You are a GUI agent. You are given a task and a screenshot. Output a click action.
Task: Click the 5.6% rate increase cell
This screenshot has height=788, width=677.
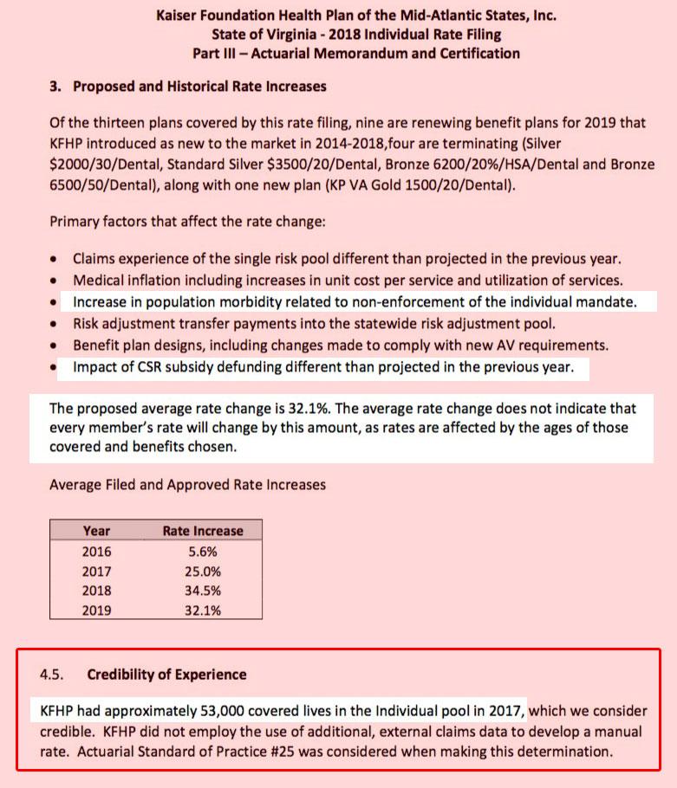202,552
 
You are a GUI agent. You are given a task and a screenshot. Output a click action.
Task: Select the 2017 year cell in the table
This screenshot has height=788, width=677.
96,572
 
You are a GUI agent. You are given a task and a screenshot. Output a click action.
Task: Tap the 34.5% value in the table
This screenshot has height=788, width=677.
202,591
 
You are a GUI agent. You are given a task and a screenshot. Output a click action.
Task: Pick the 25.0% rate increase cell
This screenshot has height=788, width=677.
202,572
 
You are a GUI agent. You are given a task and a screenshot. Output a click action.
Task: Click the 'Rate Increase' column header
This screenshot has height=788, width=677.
203,531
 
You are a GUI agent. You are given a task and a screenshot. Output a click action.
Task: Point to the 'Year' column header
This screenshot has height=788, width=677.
96,531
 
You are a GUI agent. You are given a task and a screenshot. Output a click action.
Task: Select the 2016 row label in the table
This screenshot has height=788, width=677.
96,552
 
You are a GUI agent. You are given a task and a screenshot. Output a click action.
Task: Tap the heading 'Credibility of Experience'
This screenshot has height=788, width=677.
166,675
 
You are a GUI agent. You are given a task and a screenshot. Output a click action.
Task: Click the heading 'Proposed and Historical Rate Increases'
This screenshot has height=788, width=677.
199,87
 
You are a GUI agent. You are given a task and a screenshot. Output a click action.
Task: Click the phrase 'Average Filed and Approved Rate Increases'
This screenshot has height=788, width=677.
187,484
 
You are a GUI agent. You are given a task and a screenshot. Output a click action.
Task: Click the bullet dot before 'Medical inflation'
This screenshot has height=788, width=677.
55,281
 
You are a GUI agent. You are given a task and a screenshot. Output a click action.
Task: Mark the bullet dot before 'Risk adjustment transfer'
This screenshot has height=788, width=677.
55,325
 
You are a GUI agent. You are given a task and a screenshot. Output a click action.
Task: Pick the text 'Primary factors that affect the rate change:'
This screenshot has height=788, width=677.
187,222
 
